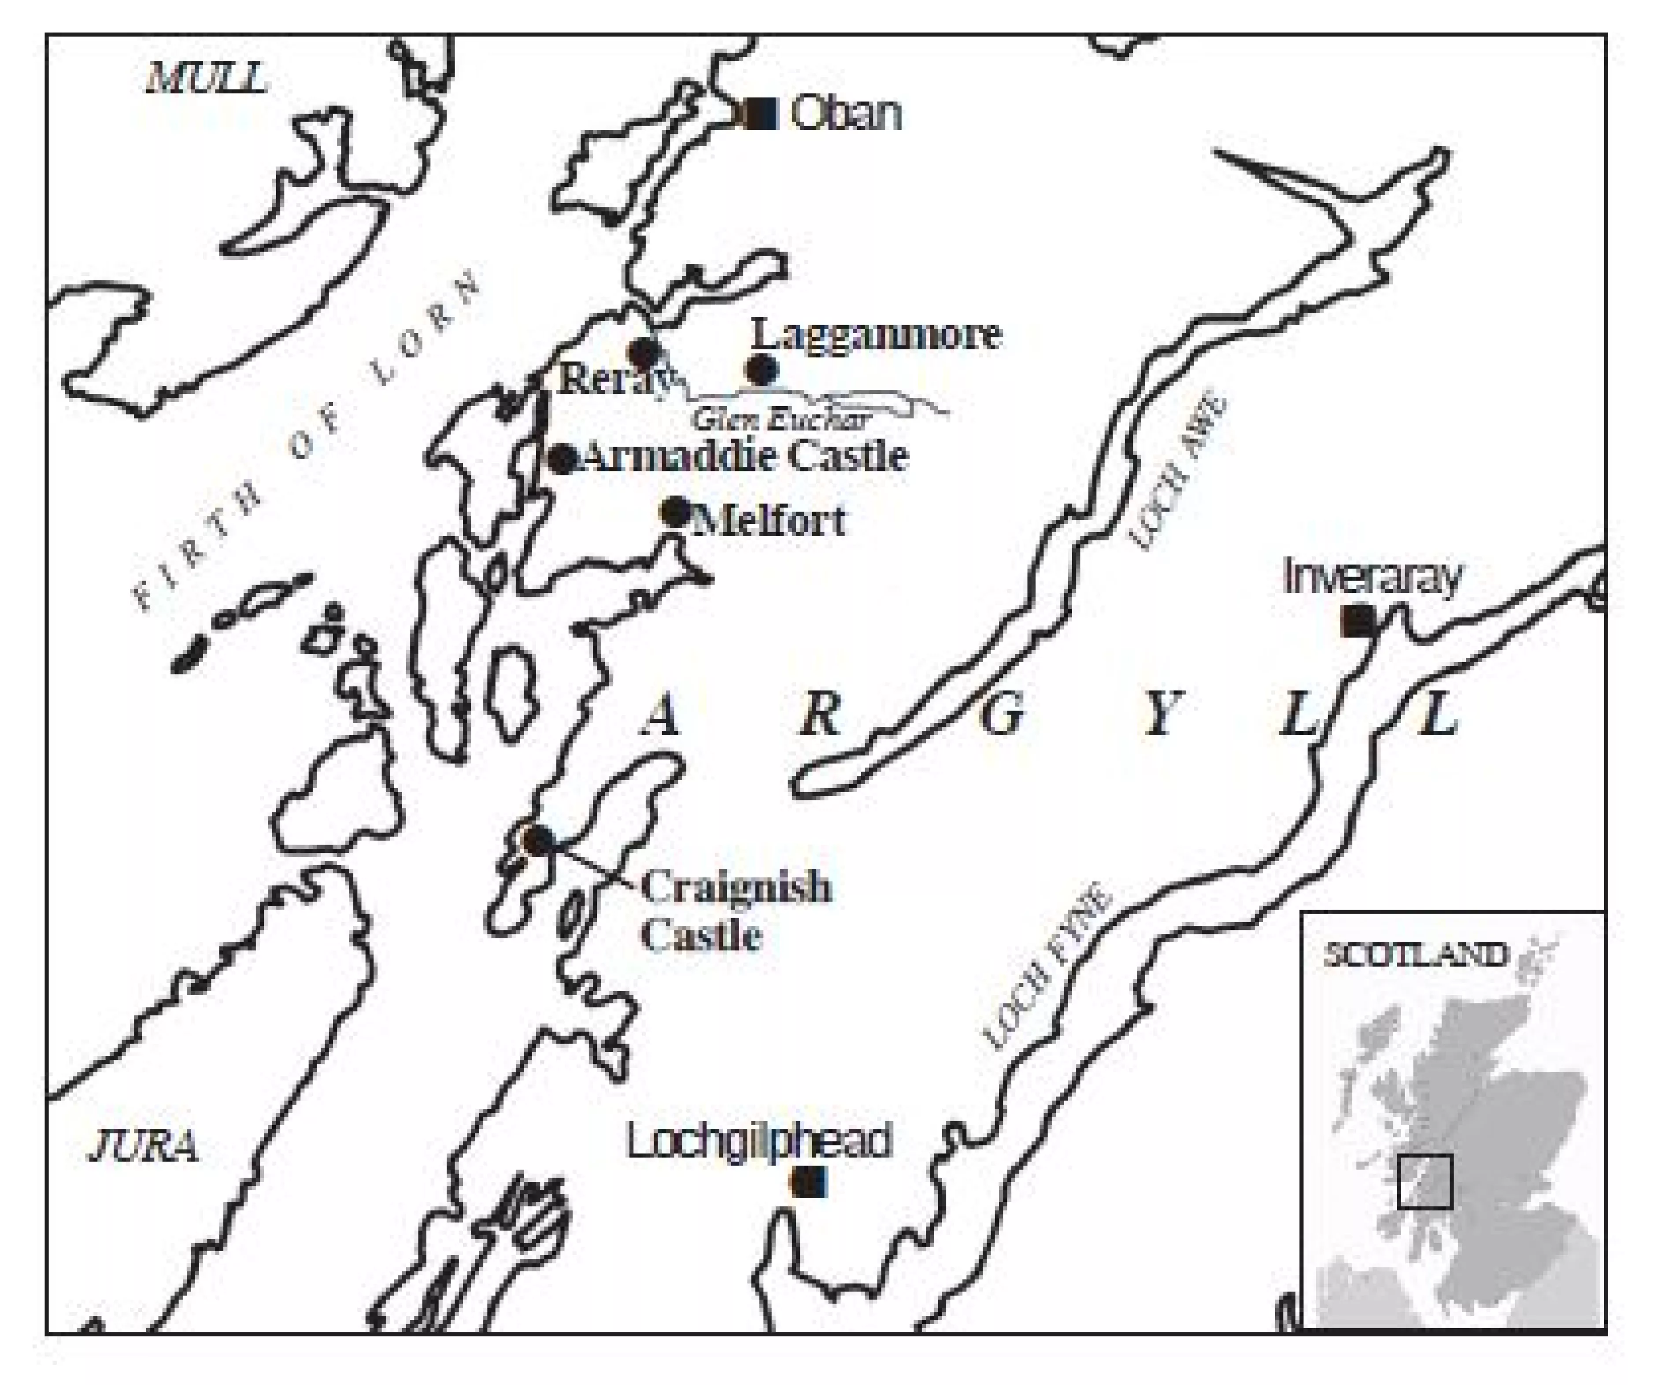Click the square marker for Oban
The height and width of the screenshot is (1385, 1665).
pyautogui.click(x=761, y=113)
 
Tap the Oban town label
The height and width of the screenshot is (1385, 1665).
pyautogui.click(x=846, y=113)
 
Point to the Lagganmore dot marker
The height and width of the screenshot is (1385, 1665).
pyautogui.click(x=761, y=370)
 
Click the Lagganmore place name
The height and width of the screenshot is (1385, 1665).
pyautogui.click(x=876, y=334)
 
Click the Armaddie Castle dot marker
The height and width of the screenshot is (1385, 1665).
pyautogui.click(x=563, y=458)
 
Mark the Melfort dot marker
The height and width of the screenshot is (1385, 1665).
pyautogui.click(x=676, y=511)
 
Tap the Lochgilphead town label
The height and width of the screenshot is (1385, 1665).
pyautogui.click(x=759, y=1141)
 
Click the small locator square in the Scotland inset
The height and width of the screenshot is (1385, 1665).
pyautogui.click(x=1425, y=1181)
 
